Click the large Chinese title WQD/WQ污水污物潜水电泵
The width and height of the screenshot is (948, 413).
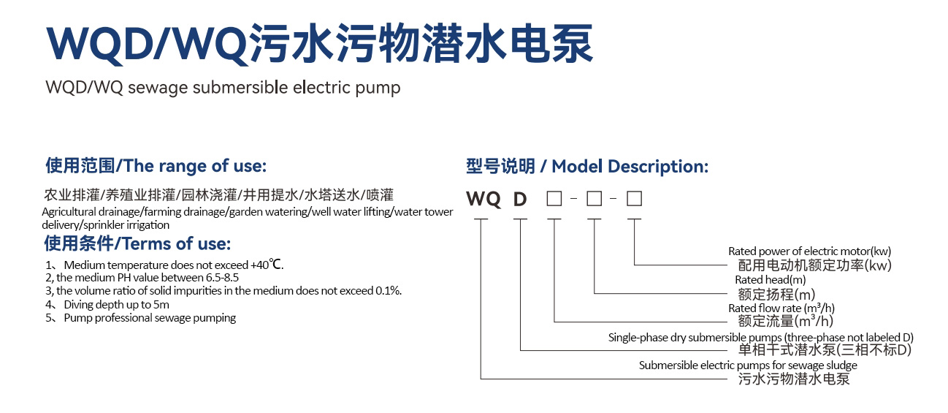tap(319, 44)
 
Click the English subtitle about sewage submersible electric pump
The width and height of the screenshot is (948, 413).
tap(223, 88)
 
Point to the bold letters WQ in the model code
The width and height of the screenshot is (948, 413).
tap(483, 199)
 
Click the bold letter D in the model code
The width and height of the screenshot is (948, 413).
tap(520, 199)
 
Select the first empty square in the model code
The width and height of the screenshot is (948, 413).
tap(554, 199)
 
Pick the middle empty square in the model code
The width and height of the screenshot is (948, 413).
tap(595, 199)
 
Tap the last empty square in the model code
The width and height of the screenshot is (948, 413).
tap(634, 199)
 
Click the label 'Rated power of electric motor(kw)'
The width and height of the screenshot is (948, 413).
tap(809, 251)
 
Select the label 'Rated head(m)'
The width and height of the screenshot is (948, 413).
tap(770, 280)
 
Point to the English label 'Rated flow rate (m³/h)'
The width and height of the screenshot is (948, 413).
tap(781, 308)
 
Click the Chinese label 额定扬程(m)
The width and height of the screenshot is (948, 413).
tap(776, 294)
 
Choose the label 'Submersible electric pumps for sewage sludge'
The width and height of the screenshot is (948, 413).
tap(748, 365)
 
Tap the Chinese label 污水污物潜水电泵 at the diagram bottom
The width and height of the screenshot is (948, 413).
tap(794, 379)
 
